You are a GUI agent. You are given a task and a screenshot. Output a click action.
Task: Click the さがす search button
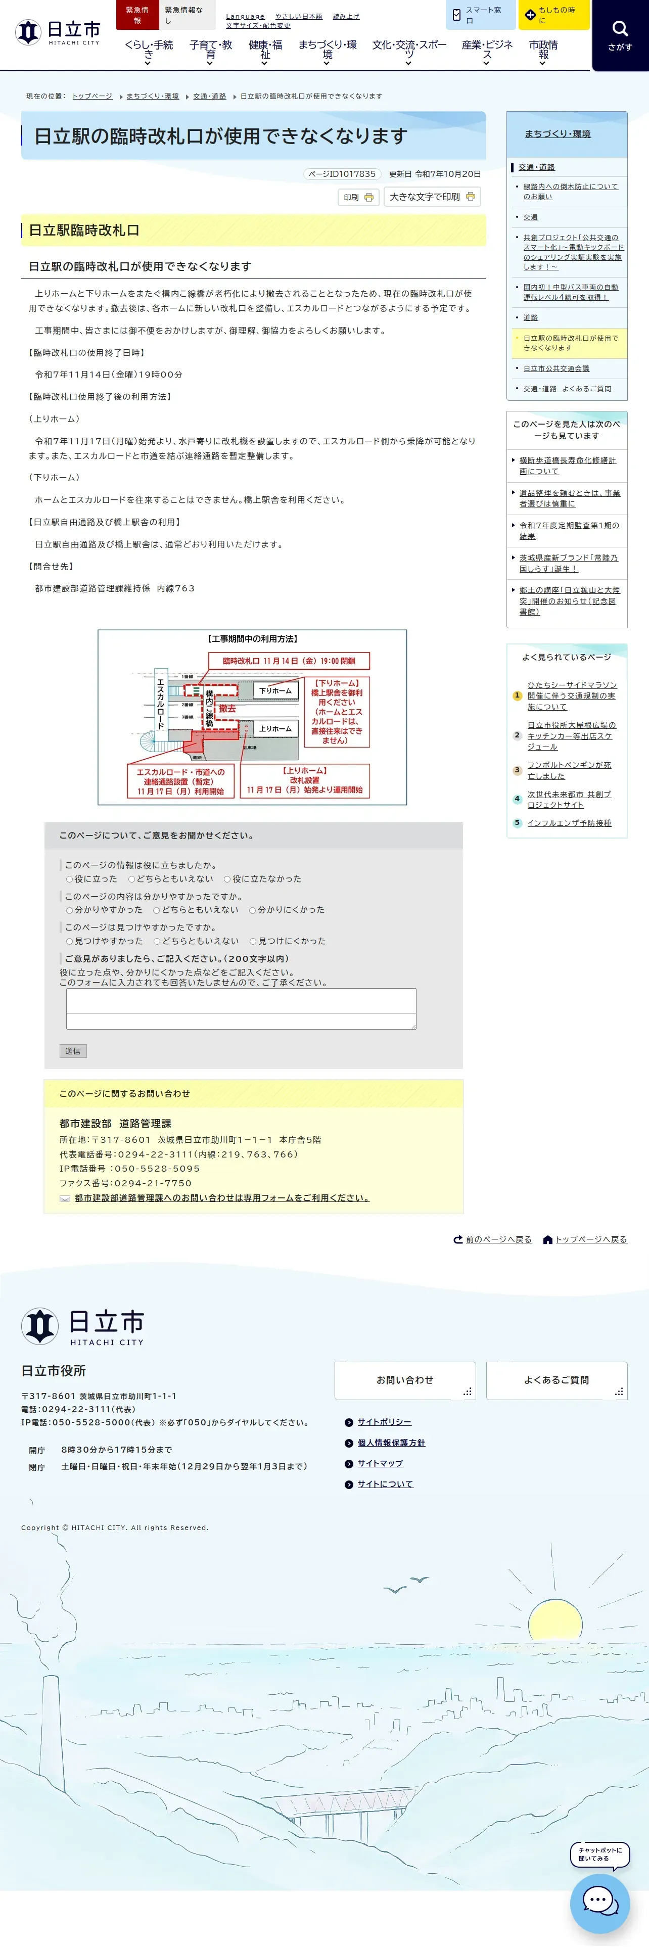point(620,35)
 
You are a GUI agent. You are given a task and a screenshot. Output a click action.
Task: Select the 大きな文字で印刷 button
point(432,197)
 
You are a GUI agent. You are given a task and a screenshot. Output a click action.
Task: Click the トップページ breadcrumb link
point(92,97)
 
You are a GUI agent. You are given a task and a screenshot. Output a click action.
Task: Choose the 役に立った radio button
point(70,879)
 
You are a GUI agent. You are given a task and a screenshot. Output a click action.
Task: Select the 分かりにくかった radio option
point(253,910)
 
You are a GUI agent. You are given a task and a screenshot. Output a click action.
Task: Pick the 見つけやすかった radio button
point(70,941)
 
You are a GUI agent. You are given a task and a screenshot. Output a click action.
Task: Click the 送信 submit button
point(72,1051)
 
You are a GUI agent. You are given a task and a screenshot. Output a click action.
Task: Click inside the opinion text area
point(241,1008)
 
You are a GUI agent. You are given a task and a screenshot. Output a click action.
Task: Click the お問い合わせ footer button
point(405,1380)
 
